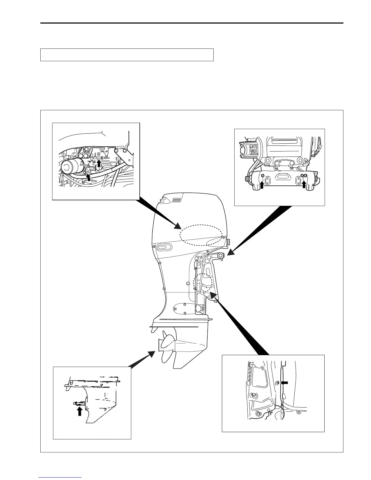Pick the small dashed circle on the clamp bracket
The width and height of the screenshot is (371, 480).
(202, 283)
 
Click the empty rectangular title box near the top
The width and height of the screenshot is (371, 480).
(127, 55)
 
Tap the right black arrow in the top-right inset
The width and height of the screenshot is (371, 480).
(304, 185)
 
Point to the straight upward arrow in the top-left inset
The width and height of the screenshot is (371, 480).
(99, 163)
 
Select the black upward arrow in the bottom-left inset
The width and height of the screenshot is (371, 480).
(79, 411)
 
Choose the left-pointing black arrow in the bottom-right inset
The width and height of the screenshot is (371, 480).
(284, 383)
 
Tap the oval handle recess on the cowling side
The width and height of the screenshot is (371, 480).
(163, 248)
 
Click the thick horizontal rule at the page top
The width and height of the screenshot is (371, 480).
(192, 23)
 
